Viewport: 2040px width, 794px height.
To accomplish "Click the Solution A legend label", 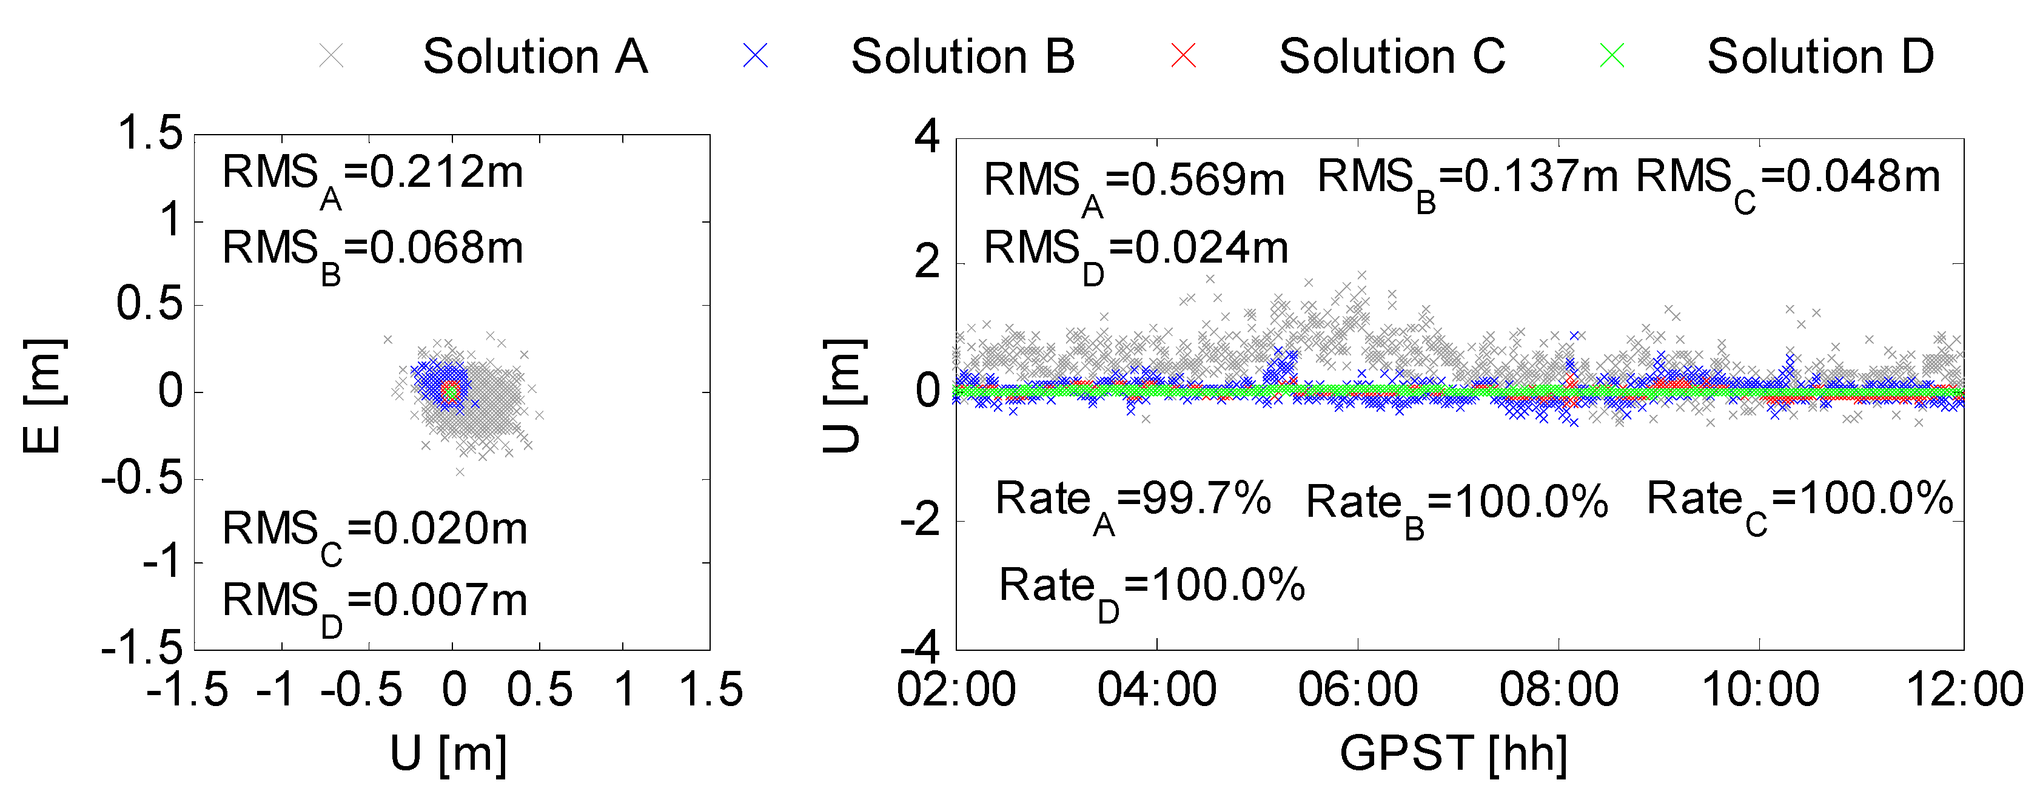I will pos(535,57).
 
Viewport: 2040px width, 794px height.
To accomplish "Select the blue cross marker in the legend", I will pos(756,55).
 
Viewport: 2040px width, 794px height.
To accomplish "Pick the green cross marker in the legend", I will pos(1612,55).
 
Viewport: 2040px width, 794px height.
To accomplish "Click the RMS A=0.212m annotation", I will pos(373,177).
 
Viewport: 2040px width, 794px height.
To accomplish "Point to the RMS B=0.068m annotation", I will pos(373,252).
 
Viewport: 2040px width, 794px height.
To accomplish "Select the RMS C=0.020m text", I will pos(375,533).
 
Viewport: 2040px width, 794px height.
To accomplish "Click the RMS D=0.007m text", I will pos(375,604).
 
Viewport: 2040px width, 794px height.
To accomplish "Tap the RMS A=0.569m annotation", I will pos(1134,184).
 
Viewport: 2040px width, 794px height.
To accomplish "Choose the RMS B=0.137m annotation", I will pos(1468,181).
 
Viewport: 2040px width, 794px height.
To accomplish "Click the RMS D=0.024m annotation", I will pos(1136,253).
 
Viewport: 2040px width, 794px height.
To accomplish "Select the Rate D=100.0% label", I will pos(1152,590).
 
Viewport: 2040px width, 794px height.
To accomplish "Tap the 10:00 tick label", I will pos(1760,690).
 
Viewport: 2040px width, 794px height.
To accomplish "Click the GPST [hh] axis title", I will pos(1453,753).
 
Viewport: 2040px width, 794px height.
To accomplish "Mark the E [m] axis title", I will pos(44,395).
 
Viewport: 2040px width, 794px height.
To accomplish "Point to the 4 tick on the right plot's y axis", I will pos(927,136).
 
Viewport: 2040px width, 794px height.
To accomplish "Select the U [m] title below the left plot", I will pos(448,753).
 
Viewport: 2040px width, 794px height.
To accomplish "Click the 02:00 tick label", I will pos(956,690).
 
